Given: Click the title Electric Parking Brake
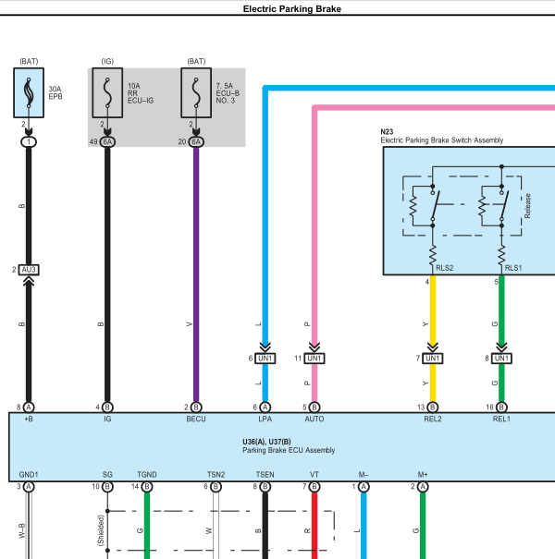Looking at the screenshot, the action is coord(292,9).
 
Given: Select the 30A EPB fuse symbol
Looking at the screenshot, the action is coord(29,92).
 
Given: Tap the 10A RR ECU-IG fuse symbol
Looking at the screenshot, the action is coord(107,92).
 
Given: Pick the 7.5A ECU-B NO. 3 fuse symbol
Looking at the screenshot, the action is coord(196,92).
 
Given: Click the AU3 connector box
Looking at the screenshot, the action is coord(29,270).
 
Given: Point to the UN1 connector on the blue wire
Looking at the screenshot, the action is coord(265,358).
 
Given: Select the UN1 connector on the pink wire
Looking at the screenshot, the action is coord(314,358).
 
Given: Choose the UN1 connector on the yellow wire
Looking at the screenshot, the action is coord(433,358).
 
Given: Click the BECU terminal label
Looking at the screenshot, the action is coord(196,419).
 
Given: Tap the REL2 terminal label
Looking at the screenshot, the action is coord(433,419).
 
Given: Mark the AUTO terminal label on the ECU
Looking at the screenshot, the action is coord(314,419).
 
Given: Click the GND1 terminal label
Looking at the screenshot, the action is coord(29,475).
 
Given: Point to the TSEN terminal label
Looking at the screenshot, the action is coord(265,475).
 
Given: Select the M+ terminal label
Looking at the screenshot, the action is coord(423,475).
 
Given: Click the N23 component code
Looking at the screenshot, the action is coord(387,132).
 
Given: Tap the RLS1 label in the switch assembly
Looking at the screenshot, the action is coord(513,268).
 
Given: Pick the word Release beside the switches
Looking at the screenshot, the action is coord(527,206).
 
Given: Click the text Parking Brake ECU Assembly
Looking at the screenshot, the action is coord(289,450).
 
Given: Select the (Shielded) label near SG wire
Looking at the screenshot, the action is coord(100,530).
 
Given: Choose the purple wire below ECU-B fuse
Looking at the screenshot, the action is coord(196,274).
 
